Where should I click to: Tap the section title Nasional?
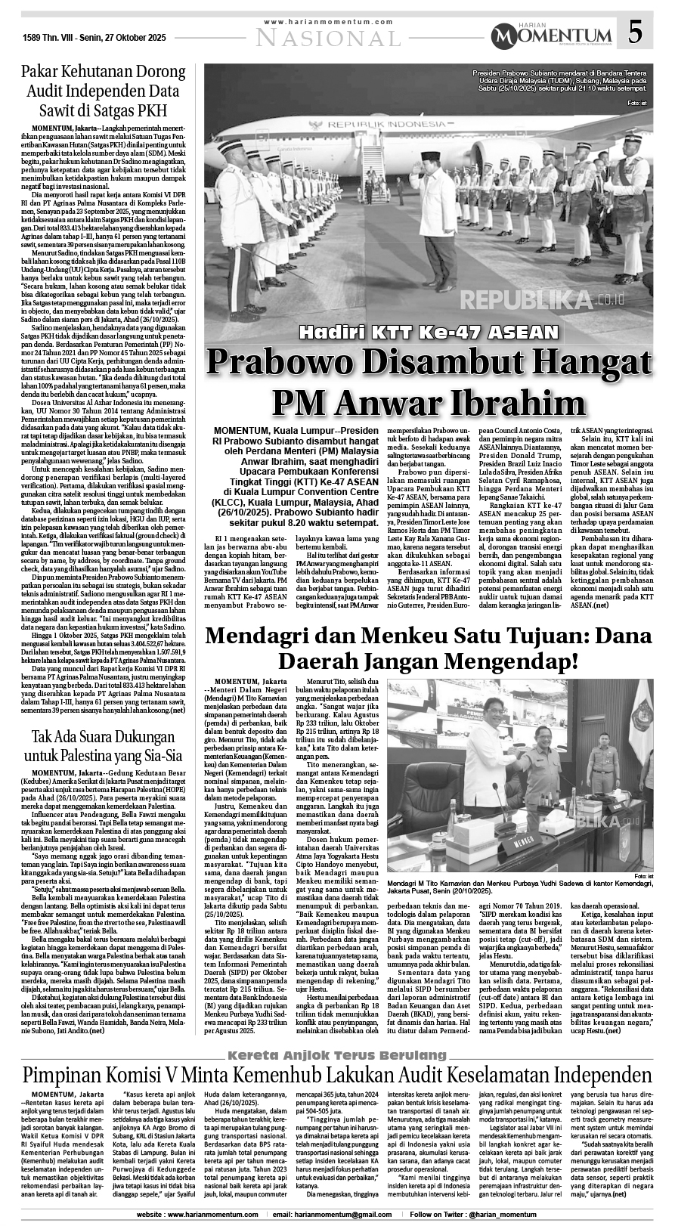click(330, 37)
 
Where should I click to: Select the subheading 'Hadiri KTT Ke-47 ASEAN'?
click(428, 331)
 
